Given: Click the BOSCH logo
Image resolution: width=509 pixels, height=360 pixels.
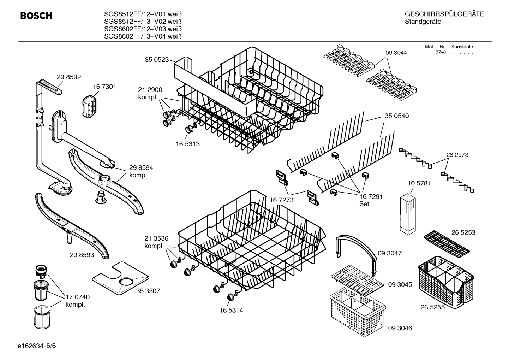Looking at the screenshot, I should point(36,16).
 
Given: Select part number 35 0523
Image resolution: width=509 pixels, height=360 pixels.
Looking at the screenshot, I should point(157,60).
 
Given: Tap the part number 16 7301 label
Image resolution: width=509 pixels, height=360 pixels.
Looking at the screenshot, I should point(104,87).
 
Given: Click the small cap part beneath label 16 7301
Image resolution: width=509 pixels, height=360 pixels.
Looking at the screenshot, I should point(89,105).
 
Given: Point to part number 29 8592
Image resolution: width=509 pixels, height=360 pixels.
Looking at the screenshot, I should point(69,77).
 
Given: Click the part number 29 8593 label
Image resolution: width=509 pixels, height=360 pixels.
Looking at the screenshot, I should point(82,254).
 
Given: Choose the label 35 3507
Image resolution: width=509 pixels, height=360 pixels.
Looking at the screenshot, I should point(148,291).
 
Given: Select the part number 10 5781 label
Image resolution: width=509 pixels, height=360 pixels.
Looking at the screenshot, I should point(419,183).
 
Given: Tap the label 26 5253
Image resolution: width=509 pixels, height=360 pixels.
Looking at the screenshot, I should point(463,232).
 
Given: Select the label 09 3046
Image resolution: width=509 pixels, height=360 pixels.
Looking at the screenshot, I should point(400,328).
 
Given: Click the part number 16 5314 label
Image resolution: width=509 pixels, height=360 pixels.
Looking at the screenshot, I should point(231,310).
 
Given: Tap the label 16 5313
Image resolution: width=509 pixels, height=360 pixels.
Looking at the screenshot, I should point(187,144).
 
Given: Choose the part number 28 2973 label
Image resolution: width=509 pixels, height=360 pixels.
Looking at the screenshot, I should point(457,155).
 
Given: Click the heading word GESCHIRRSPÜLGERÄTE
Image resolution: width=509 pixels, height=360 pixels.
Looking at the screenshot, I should point(444,14).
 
